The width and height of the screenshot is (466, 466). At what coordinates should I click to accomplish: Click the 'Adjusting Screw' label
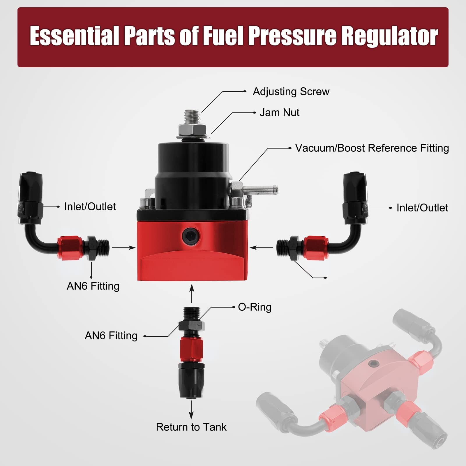(x=291, y=92)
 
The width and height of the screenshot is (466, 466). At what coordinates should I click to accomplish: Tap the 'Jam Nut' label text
(x=279, y=113)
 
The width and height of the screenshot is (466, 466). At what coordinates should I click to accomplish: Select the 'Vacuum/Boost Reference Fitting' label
(x=372, y=148)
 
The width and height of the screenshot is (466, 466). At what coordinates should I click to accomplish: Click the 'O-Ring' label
(x=255, y=307)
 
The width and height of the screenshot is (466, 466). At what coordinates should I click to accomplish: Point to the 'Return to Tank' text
(x=191, y=427)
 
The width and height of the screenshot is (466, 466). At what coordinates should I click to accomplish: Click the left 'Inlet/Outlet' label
(x=90, y=206)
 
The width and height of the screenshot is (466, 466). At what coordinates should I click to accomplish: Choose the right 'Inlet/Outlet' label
(x=422, y=208)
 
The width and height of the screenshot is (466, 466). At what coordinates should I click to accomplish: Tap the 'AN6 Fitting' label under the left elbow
(x=93, y=286)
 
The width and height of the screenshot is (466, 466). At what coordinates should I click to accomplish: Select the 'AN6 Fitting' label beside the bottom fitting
(x=111, y=336)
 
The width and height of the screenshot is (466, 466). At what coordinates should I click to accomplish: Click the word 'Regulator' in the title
(x=390, y=36)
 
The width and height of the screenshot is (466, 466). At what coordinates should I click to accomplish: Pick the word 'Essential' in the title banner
(x=74, y=36)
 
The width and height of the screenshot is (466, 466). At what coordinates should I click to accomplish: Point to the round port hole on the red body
(x=190, y=236)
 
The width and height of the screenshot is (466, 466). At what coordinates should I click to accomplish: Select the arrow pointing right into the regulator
(x=124, y=248)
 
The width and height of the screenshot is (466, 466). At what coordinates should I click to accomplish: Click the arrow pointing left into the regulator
(x=262, y=248)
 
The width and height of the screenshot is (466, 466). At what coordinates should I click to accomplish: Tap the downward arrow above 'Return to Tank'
(x=191, y=410)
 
